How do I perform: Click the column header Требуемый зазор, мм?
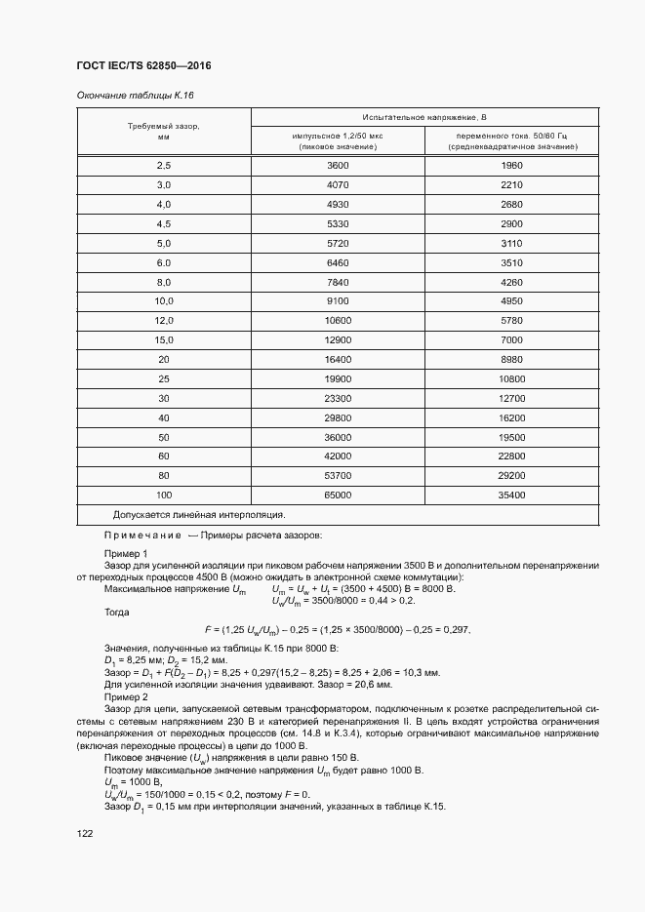(164, 132)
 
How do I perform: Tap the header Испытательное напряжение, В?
(424, 116)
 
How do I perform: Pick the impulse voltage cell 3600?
(338, 166)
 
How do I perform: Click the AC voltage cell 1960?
(511, 166)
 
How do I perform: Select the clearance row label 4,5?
(164, 223)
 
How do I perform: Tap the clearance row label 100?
(164, 495)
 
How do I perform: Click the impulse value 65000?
(338, 495)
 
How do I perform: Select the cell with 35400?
(511, 495)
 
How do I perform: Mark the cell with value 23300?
(338, 398)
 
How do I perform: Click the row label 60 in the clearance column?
(164, 456)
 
